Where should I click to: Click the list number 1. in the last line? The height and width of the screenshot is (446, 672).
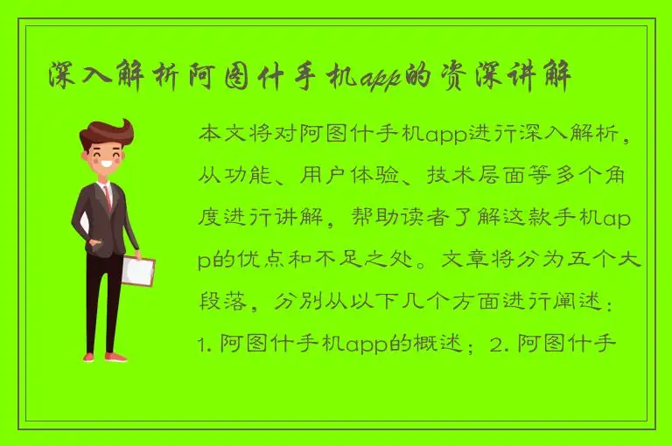(206, 342)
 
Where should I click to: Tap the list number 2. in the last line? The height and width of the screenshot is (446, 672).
(502, 342)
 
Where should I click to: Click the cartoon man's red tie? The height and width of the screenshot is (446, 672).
(108, 196)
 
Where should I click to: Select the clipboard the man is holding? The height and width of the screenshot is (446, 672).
(137, 270)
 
